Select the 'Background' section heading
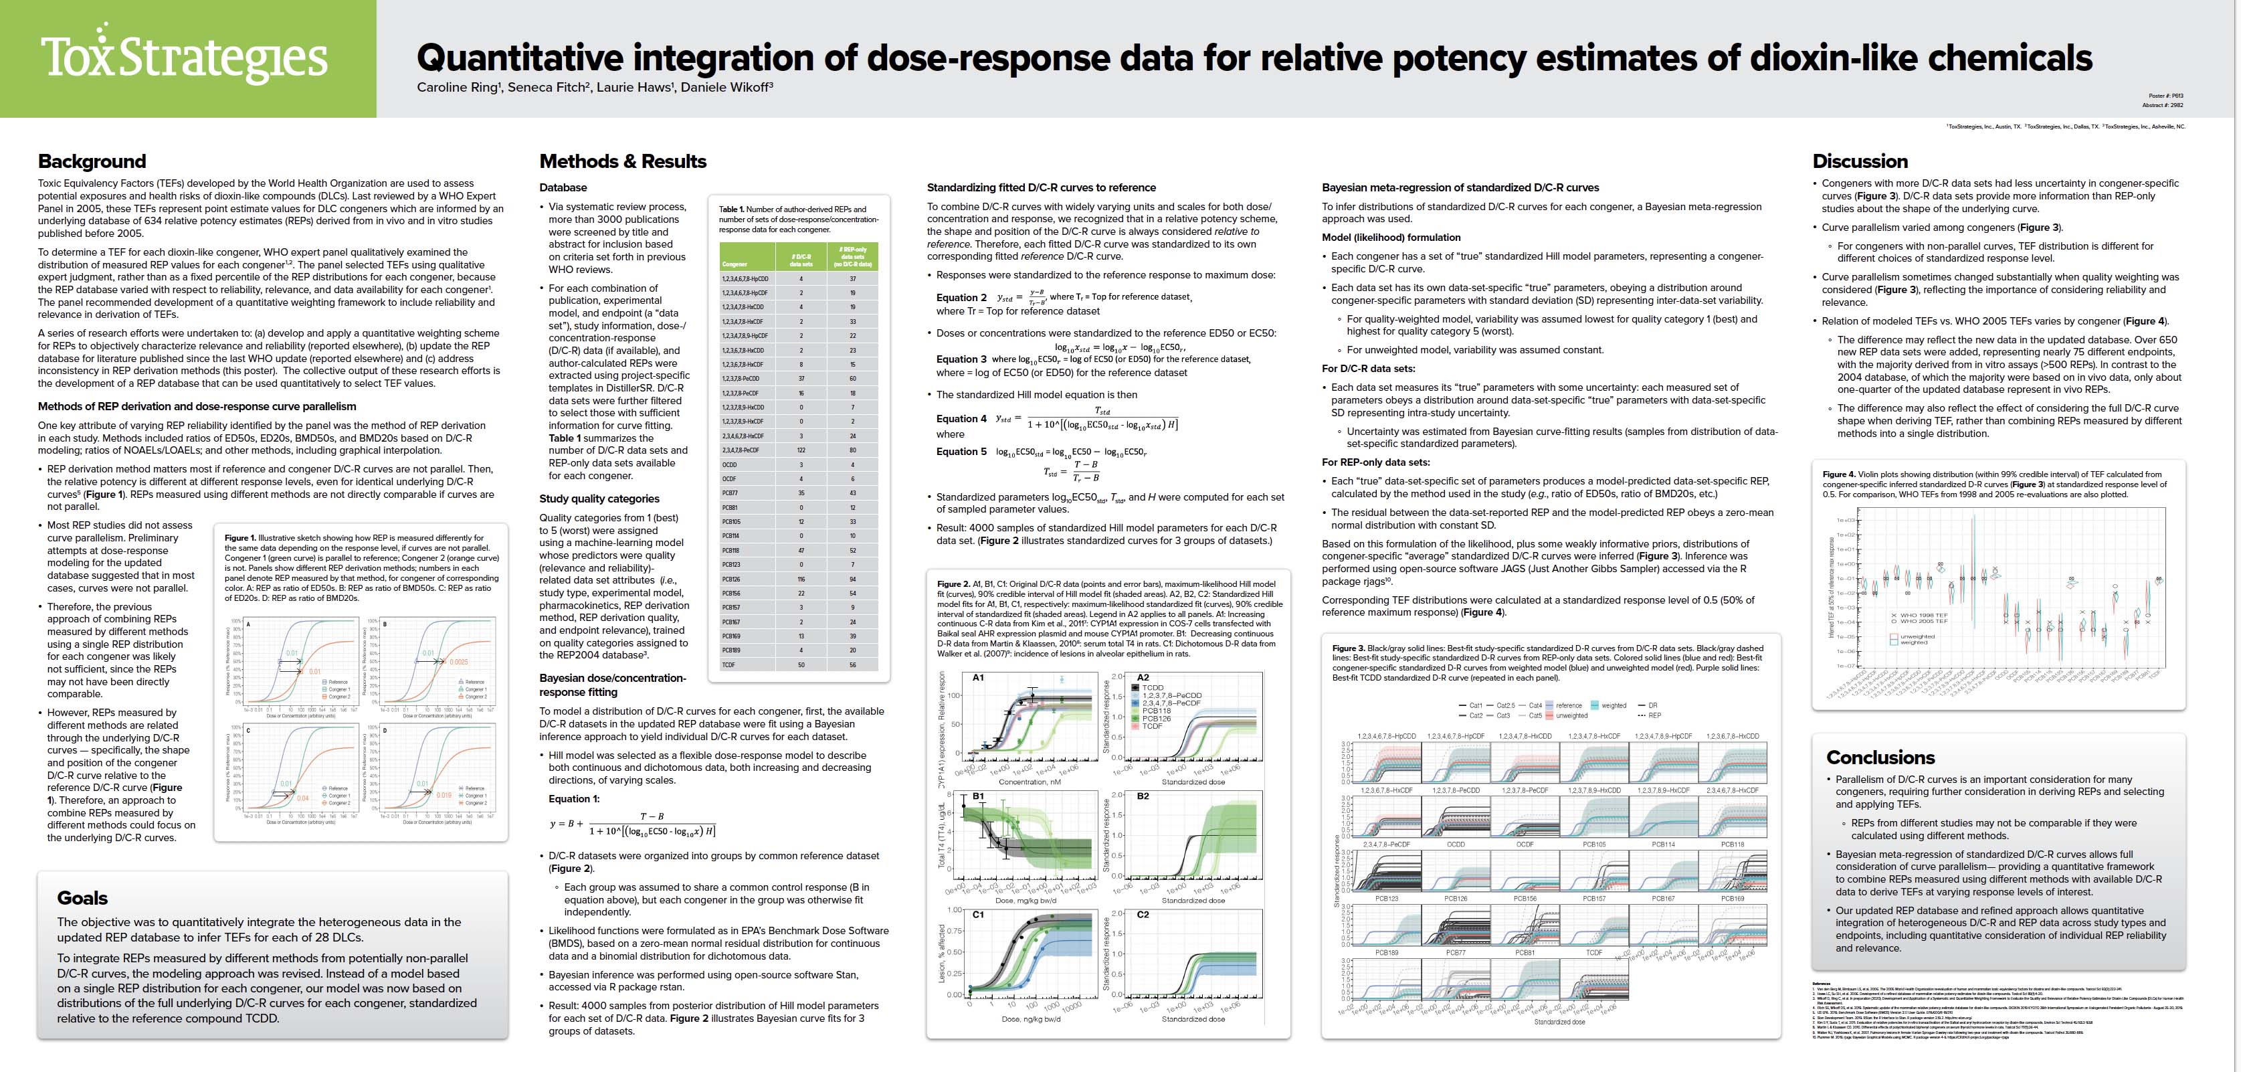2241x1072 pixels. tap(92, 161)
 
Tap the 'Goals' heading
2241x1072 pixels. tap(83, 898)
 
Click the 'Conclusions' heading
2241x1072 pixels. tap(1880, 757)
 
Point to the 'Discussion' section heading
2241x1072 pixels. tap(1859, 161)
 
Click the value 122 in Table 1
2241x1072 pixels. tap(801, 450)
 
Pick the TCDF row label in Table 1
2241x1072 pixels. tap(729, 664)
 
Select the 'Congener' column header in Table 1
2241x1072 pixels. tap(735, 263)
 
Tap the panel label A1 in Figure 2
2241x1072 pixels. tap(978, 677)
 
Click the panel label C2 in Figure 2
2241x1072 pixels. tap(1143, 915)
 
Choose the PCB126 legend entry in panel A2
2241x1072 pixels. tap(1158, 718)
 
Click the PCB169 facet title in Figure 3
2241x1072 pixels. tap(1731, 898)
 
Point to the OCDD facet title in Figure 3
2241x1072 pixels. tap(1456, 844)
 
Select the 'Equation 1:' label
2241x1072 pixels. tap(574, 799)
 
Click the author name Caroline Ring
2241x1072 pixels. tap(458, 87)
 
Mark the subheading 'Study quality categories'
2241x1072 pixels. tap(599, 499)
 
